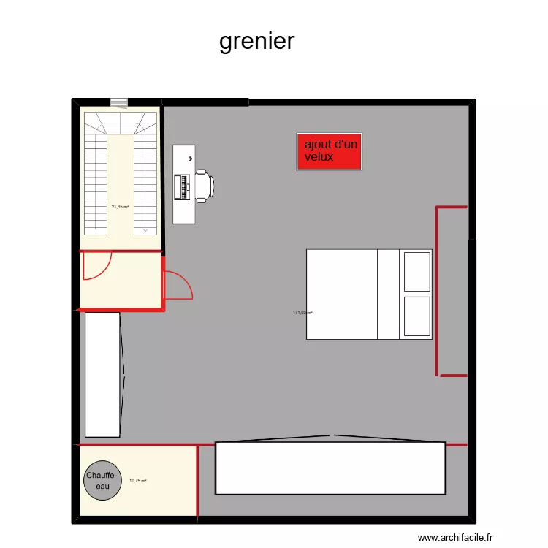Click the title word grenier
[x=256, y=41]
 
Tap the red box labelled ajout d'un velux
[x=329, y=152]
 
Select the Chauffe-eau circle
[x=102, y=481]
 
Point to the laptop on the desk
[x=182, y=186]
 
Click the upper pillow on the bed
[x=416, y=271]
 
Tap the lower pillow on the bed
[x=416, y=316]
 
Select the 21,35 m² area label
[x=120, y=207]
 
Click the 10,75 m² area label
[x=137, y=481]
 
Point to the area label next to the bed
[x=302, y=313]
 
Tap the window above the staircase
[x=118, y=102]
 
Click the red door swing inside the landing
[x=96, y=266]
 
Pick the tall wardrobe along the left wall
[x=102, y=374]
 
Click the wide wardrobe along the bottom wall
[x=330, y=468]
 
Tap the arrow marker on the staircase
[x=145, y=229]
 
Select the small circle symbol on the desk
[x=190, y=159]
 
